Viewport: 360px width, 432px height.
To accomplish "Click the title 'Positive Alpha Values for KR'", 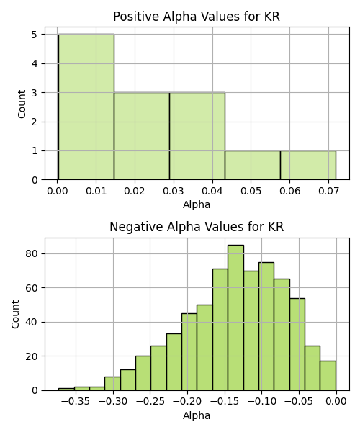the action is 197,17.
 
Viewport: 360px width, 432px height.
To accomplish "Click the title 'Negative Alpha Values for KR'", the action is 197,227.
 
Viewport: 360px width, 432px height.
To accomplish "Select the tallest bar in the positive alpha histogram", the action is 86,107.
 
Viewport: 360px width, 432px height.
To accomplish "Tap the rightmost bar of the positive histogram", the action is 308,166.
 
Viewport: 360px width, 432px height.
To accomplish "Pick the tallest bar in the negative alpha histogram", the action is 235,318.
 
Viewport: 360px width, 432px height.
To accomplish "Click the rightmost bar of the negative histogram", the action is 328,376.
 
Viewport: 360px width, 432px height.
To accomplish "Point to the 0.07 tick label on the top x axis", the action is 328,191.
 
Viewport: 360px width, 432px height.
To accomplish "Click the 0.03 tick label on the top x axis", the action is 174,191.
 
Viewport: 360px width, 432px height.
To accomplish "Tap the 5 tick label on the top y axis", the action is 35,35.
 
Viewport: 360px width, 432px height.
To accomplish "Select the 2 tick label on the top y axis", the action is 35,122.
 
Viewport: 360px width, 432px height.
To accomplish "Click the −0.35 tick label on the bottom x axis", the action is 76,401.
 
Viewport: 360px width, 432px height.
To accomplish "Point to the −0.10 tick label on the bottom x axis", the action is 261,401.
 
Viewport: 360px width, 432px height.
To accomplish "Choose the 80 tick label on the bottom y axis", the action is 32,253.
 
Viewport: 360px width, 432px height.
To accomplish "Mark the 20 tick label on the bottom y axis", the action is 32,356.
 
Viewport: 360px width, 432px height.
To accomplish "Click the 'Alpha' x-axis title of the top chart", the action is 197,204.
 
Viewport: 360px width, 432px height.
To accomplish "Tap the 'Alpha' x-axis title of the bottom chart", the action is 197,415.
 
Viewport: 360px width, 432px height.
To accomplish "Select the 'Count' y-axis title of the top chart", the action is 22,104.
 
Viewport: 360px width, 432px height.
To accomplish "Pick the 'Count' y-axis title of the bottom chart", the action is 15,315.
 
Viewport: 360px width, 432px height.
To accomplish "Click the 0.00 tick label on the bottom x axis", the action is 336,401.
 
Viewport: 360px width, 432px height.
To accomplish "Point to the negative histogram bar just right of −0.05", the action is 312,368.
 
